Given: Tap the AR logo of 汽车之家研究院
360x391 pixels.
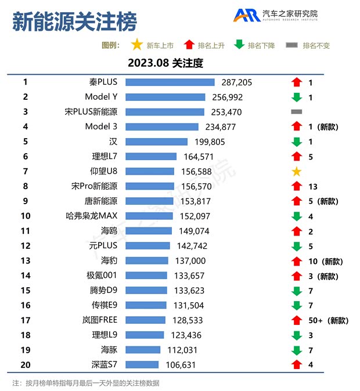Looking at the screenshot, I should click(247, 16).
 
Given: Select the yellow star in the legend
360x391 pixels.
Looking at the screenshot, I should click(136, 45).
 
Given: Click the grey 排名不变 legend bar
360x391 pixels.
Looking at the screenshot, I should click(292, 45).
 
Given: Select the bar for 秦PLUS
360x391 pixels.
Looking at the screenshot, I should click(170, 82).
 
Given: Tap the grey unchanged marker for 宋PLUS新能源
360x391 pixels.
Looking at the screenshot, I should click(296, 111).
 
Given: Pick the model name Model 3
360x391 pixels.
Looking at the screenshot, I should click(101, 126).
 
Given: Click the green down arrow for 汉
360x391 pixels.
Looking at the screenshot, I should click(296, 142).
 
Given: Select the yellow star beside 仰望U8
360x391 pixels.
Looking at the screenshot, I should click(296, 171).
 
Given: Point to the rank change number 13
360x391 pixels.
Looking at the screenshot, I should click(312, 186).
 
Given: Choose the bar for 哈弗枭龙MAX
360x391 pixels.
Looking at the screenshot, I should click(149, 216).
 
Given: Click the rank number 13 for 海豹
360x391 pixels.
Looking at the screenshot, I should click(25, 260).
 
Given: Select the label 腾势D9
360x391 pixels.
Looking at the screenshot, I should click(104, 290).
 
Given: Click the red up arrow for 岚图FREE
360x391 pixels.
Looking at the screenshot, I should click(296, 320).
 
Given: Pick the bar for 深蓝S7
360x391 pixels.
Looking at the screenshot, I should click(142, 364).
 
